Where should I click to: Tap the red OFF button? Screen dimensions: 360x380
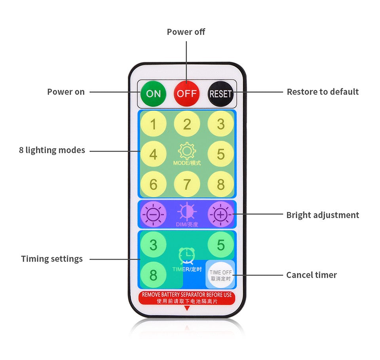[x=187, y=93]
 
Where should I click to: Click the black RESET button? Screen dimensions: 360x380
[x=220, y=94]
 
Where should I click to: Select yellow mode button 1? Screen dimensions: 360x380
[x=153, y=124]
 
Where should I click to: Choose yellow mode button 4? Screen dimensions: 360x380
[x=153, y=154]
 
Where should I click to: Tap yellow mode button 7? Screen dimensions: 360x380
[x=187, y=184]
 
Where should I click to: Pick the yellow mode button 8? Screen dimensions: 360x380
[x=220, y=184]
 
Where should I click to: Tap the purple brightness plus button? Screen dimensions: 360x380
[x=220, y=214]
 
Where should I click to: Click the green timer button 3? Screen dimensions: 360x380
[x=153, y=245]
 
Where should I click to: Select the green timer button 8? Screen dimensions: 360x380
[x=153, y=275]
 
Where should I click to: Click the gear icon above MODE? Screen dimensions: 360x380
[x=187, y=151]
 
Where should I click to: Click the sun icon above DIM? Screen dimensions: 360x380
[x=187, y=212]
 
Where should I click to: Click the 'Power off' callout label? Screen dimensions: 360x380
[x=186, y=32]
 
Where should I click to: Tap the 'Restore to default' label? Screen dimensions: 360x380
[x=323, y=92]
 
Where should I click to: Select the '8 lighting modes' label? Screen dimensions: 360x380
[x=52, y=150]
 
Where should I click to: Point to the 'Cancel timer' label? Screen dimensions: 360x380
[x=312, y=275]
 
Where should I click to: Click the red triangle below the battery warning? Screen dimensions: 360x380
[x=187, y=308]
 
